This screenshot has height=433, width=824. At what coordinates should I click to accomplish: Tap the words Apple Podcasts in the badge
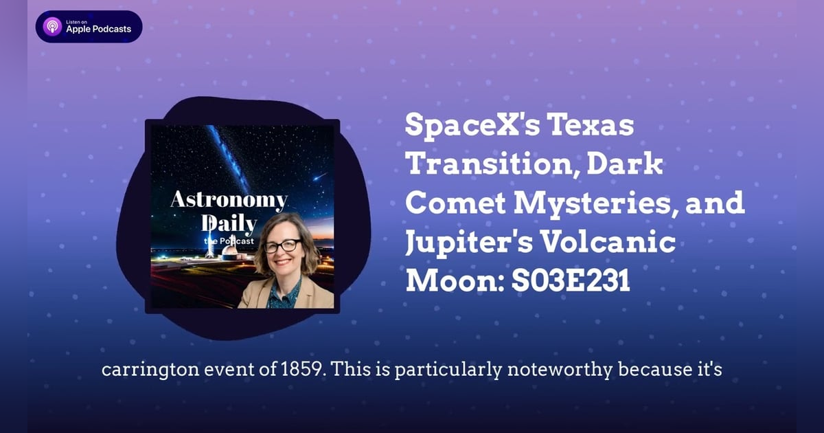(x=98, y=30)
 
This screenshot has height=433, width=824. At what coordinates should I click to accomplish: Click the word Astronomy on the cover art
(x=229, y=201)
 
